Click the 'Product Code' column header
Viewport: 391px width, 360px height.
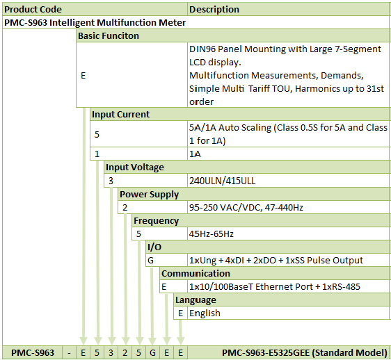pos(33,10)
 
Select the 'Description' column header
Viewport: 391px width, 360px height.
pos(214,10)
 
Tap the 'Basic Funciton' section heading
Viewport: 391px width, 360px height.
pos(109,36)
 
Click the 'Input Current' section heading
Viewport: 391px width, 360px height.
pos(120,115)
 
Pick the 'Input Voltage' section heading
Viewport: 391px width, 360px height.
pos(135,167)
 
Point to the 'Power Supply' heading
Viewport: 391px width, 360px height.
pos(149,195)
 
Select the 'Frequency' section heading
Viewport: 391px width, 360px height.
pos(156,221)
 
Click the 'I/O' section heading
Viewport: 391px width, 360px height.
pos(154,247)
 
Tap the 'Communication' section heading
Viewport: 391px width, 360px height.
pos(195,274)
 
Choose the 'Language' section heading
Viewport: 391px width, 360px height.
pos(195,300)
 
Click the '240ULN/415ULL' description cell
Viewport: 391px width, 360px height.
pos(223,181)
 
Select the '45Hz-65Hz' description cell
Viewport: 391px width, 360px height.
pos(212,234)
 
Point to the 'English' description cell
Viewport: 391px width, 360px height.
pos(205,313)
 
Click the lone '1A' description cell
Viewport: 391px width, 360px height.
pos(195,154)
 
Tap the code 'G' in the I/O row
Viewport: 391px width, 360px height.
pos(150,261)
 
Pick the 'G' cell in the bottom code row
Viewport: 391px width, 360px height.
pos(152,353)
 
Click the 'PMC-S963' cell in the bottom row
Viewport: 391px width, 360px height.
pos(33,353)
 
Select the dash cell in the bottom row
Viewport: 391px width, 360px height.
pos(69,353)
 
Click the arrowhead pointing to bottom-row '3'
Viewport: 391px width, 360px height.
pos(112,341)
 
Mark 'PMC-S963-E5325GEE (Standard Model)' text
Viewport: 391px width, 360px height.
pos(305,353)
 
